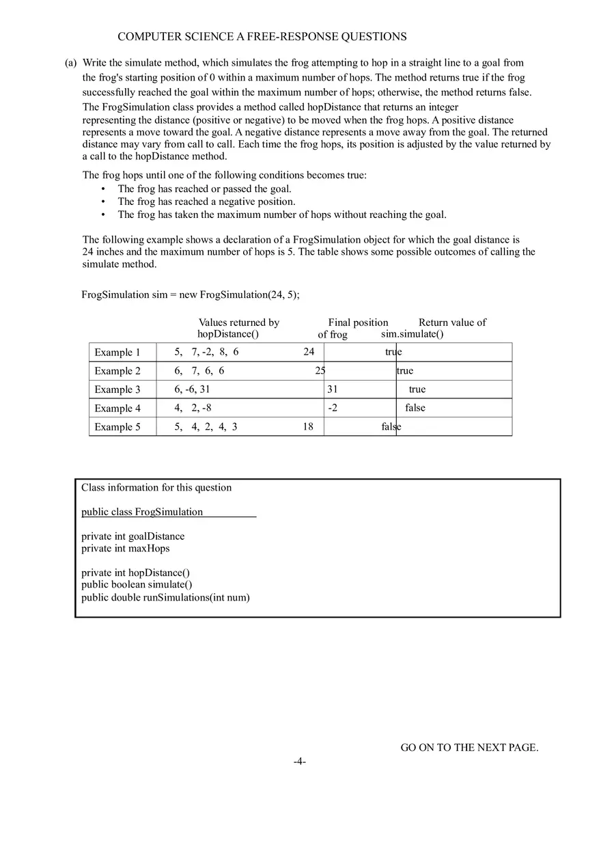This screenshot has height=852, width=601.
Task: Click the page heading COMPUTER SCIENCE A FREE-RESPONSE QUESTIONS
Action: [262, 37]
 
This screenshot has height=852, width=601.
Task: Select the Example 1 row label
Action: [117, 353]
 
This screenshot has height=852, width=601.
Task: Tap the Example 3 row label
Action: [117, 389]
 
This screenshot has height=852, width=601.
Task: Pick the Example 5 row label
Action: [117, 427]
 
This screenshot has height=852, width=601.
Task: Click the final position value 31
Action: [333, 389]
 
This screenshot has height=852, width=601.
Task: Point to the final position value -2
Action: [333, 408]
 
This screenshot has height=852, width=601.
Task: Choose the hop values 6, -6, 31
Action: [192, 389]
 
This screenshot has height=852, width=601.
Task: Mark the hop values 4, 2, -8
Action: [193, 408]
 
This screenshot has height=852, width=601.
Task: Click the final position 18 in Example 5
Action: [309, 426]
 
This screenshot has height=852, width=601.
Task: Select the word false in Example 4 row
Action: [415, 408]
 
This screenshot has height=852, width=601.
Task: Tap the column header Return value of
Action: [452, 322]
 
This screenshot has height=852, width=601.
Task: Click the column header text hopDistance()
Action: [228, 334]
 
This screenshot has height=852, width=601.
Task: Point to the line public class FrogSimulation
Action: [142, 512]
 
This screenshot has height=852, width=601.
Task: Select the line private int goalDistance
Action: [133, 536]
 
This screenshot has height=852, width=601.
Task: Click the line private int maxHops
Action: [126, 548]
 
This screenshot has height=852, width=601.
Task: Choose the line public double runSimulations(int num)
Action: [165, 597]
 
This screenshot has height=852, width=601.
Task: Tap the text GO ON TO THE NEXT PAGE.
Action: [469, 747]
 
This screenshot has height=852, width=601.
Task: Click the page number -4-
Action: [300, 762]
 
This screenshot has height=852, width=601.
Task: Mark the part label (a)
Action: [71, 63]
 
